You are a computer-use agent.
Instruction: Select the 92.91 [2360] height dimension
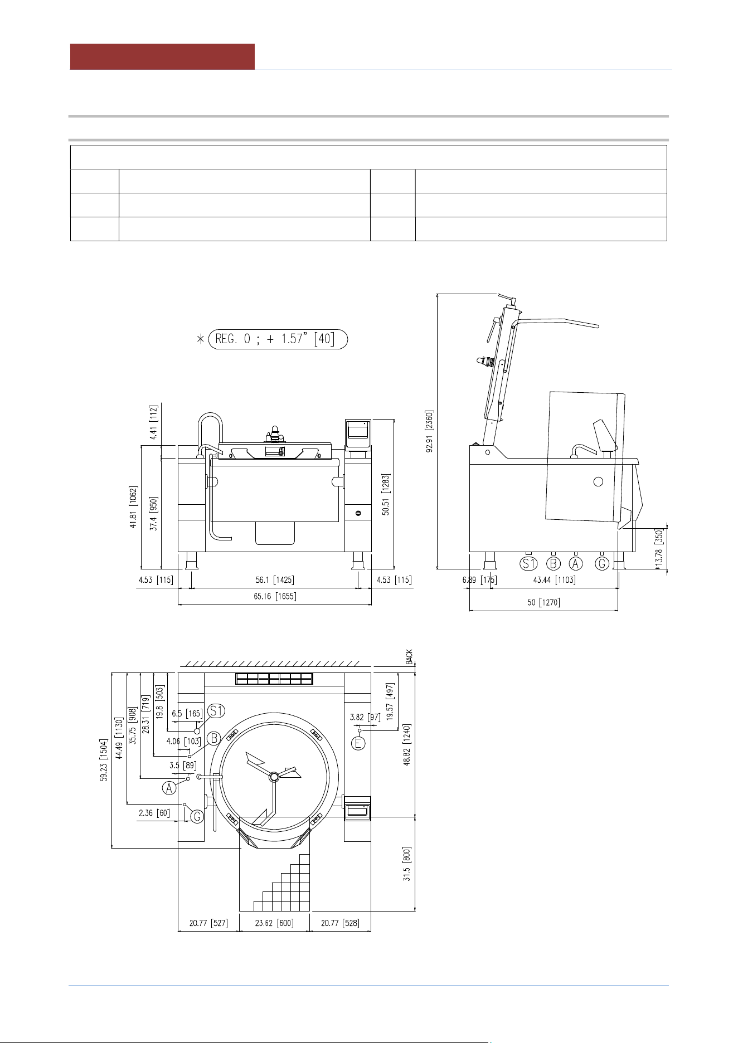(429, 432)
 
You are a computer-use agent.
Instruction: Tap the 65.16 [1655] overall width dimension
(275, 597)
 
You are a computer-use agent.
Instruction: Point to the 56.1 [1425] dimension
(274, 580)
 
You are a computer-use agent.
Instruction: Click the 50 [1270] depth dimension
(543, 602)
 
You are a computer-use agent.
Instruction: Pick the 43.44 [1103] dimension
(554, 580)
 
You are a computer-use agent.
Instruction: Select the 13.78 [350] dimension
(659, 549)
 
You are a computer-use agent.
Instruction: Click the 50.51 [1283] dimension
(386, 495)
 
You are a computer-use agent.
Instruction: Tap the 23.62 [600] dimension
(274, 923)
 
